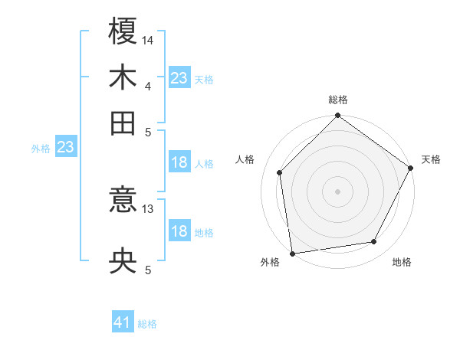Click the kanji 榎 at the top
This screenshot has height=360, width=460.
coord(123,32)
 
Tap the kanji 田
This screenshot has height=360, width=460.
coord(123,123)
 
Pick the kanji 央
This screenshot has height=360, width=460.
coord(123,261)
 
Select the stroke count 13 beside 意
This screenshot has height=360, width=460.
coord(149,208)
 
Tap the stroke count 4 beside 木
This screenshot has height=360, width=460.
coord(147,85)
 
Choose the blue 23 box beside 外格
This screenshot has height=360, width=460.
coord(65,148)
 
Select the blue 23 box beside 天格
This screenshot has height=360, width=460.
coord(179,78)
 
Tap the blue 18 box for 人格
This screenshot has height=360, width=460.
coord(179,162)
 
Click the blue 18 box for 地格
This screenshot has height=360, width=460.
coord(179,231)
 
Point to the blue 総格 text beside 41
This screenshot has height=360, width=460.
coord(147,324)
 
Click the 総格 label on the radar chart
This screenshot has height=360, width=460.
coord(338,100)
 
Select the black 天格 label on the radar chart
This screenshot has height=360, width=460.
coord(431,159)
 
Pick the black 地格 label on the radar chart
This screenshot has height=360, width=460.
coord(402,262)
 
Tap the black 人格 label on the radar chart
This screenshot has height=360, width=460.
coord(245,159)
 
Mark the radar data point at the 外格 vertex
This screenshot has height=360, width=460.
coord(292,254)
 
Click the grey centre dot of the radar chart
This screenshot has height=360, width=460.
coord(337,191)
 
